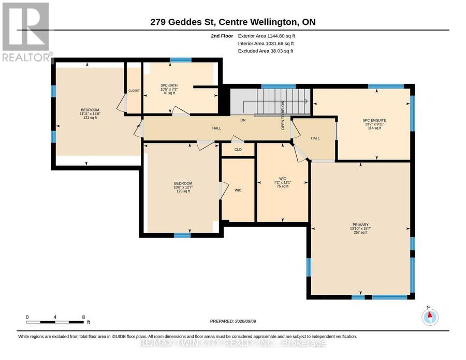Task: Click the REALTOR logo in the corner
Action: tap(26, 32)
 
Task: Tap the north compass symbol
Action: tap(430, 317)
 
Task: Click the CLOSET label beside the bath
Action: tap(134, 90)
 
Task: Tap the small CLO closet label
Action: tap(238, 150)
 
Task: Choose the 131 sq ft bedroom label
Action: tap(90, 114)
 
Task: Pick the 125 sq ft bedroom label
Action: tap(183, 188)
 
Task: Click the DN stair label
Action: tap(243, 120)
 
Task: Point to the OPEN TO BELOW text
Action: tap(283, 116)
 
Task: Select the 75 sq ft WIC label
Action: tap(283, 182)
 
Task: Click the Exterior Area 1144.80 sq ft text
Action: tap(266, 36)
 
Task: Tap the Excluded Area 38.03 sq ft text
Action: tap(266, 51)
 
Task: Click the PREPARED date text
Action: tap(233, 321)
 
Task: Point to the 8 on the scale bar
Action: tap(83, 317)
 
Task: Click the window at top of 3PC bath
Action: tap(181, 60)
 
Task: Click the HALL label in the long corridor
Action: tap(216, 128)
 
